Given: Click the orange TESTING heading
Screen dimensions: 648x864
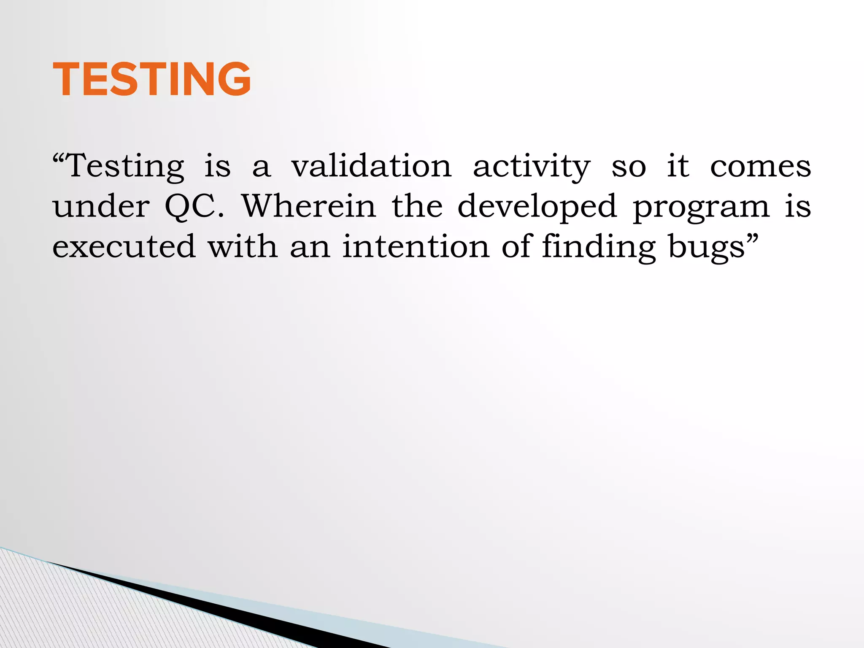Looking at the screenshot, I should point(152,79).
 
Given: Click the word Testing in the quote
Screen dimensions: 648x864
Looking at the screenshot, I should point(126,167).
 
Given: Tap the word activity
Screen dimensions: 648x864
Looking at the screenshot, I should point(532,167).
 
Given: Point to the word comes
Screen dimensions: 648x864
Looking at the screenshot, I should point(760,167).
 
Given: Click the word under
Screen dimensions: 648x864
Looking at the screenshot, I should point(101,206).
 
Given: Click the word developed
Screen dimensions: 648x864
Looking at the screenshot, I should point(537,207).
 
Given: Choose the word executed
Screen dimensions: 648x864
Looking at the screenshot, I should point(124,246).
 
